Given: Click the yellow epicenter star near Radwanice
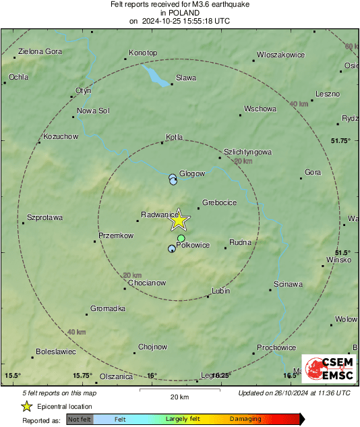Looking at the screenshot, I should click(x=178, y=220).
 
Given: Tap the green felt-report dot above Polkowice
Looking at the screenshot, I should click(x=181, y=239).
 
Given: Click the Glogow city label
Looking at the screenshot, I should click(x=193, y=173).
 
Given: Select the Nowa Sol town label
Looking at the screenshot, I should click(x=93, y=111).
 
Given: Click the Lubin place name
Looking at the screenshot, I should click(x=221, y=291).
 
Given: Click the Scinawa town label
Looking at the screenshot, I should click(x=289, y=284).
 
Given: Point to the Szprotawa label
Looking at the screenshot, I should click(x=44, y=217).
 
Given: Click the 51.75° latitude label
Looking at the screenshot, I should click(x=342, y=140).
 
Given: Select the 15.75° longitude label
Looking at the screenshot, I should click(x=83, y=376).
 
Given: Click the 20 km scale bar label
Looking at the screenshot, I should click(x=179, y=397).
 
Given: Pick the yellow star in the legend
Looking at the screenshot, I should click(x=26, y=406).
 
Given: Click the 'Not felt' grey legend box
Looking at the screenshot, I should click(x=80, y=419).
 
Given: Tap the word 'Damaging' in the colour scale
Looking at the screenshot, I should click(x=245, y=419).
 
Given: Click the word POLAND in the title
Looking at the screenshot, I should click(x=179, y=13).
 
